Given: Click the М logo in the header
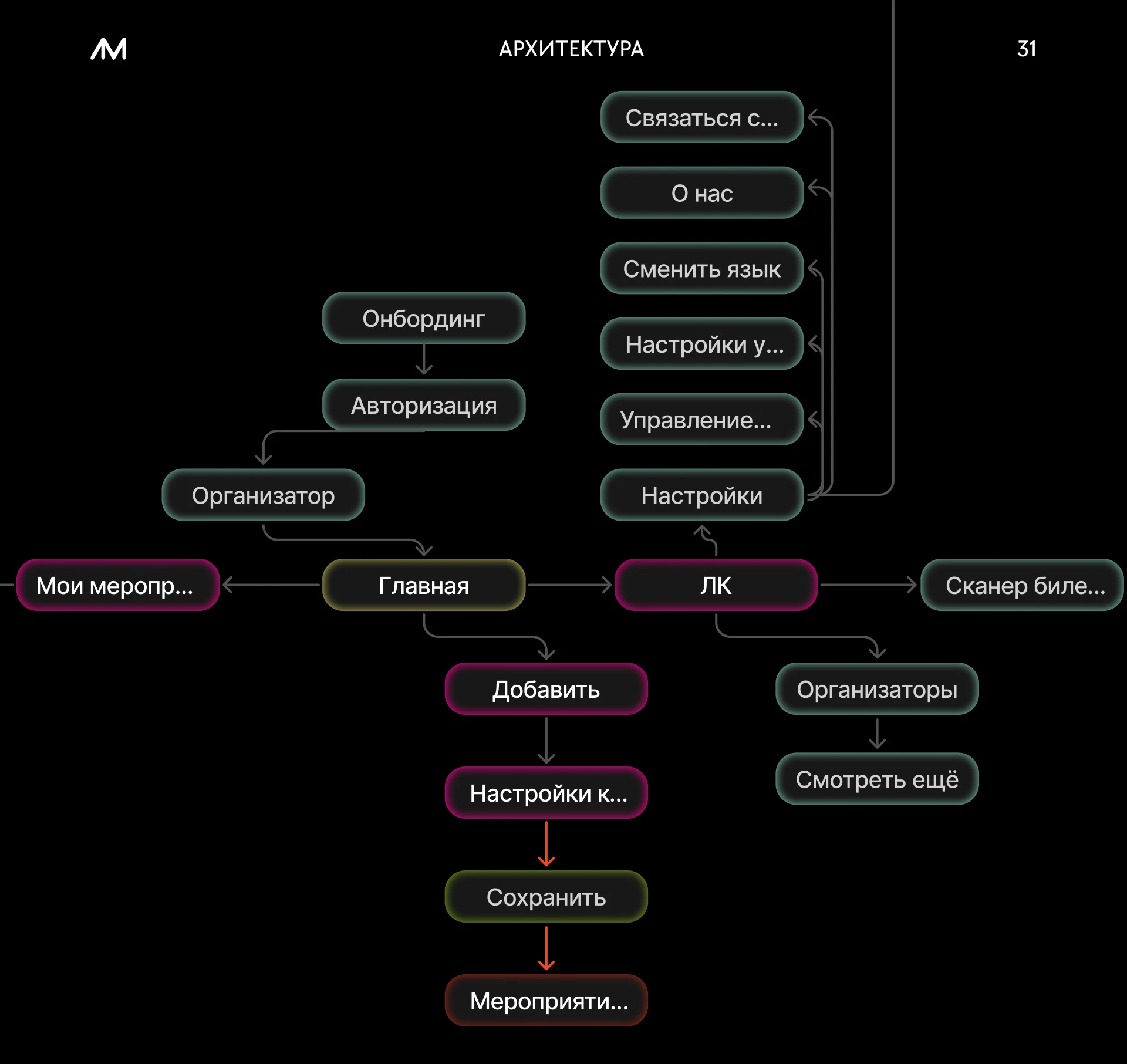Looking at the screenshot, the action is pyautogui.click(x=109, y=49).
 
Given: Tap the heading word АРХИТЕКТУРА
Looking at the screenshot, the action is pyautogui.click(x=571, y=49).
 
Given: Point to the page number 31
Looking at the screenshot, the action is pyautogui.click(x=1027, y=49).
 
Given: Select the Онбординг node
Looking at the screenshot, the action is pyautogui.click(x=424, y=318).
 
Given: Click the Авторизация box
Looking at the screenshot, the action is pyautogui.click(x=424, y=405).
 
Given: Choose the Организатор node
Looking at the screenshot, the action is pyautogui.click(x=263, y=495).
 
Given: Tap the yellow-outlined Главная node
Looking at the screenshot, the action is pyautogui.click(x=424, y=585).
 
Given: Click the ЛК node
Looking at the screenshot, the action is pyautogui.click(x=716, y=585).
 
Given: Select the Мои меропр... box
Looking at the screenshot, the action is pyautogui.click(x=118, y=585).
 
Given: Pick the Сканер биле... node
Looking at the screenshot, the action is pyautogui.click(x=1022, y=585).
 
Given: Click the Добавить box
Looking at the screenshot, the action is pyautogui.click(x=546, y=688).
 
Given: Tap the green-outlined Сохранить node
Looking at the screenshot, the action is pyautogui.click(x=546, y=896).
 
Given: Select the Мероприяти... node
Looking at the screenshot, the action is pyautogui.click(x=546, y=1000).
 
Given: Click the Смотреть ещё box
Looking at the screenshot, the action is pyautogui.click(x=877, y=779).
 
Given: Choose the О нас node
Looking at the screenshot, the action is pyautogui.click(x=702, y=192).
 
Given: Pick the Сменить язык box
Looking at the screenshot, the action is pyautogui.click(x=702, y=268).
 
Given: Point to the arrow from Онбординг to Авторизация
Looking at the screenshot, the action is pyautogui.click(x=424, y=360).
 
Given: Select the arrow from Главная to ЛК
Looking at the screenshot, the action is pyautogui.click(x=570, y=585).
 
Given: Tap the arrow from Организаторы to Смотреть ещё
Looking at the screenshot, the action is pyautogui.click(x=877, y=734).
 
